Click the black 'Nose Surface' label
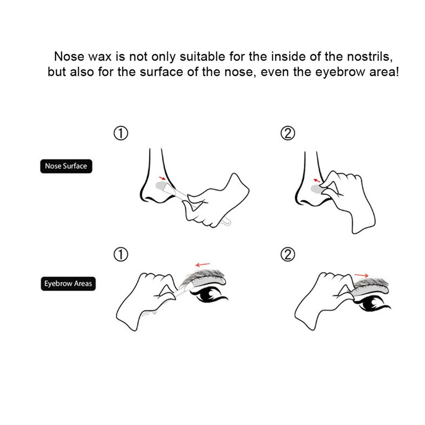(x=66, y=166)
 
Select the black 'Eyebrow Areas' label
(x=68, y=284)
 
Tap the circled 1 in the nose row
(x=120, y=133)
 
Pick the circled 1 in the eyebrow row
(x=120, y=255)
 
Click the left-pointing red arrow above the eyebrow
(x=203, y=264)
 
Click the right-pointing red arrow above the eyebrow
(x=362, y=275)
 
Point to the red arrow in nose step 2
(x=317, y=180)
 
